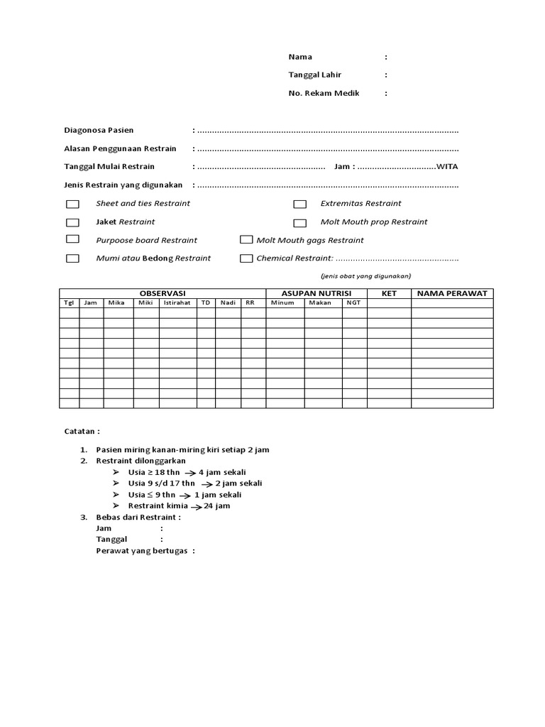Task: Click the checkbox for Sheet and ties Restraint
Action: pyautogui.click(x=72, y=204)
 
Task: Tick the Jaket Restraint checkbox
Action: pyautogui.click(x=72, y=222)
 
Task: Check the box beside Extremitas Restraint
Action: pyautogui.click(x=299, y=204)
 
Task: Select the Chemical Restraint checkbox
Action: pyautogui.click(x=246, y=258)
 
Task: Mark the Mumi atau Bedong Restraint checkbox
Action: pyautogui.click(x=72, y=258)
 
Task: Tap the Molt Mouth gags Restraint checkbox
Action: pyautogui.click(x=246, y=240)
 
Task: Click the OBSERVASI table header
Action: pyautogui.click(x=162, y=293)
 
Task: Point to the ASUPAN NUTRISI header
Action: pyautogui.click(x=316, y=293)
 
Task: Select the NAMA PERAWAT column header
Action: pyautogui.click(x=452, y=293)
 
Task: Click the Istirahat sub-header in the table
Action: pyautogui.click(x=177, y=303)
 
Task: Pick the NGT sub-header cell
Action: pyautogui.click(x=353, y=303)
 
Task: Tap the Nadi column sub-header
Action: pyautogui.click(x=228, y=303)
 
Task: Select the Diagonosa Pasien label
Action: pyautogui.click(x=99, y=131)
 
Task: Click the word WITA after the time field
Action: pyautogui.click(x=447, y=167)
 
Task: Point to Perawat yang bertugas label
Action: pyautogui.click(x=145, y=551)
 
